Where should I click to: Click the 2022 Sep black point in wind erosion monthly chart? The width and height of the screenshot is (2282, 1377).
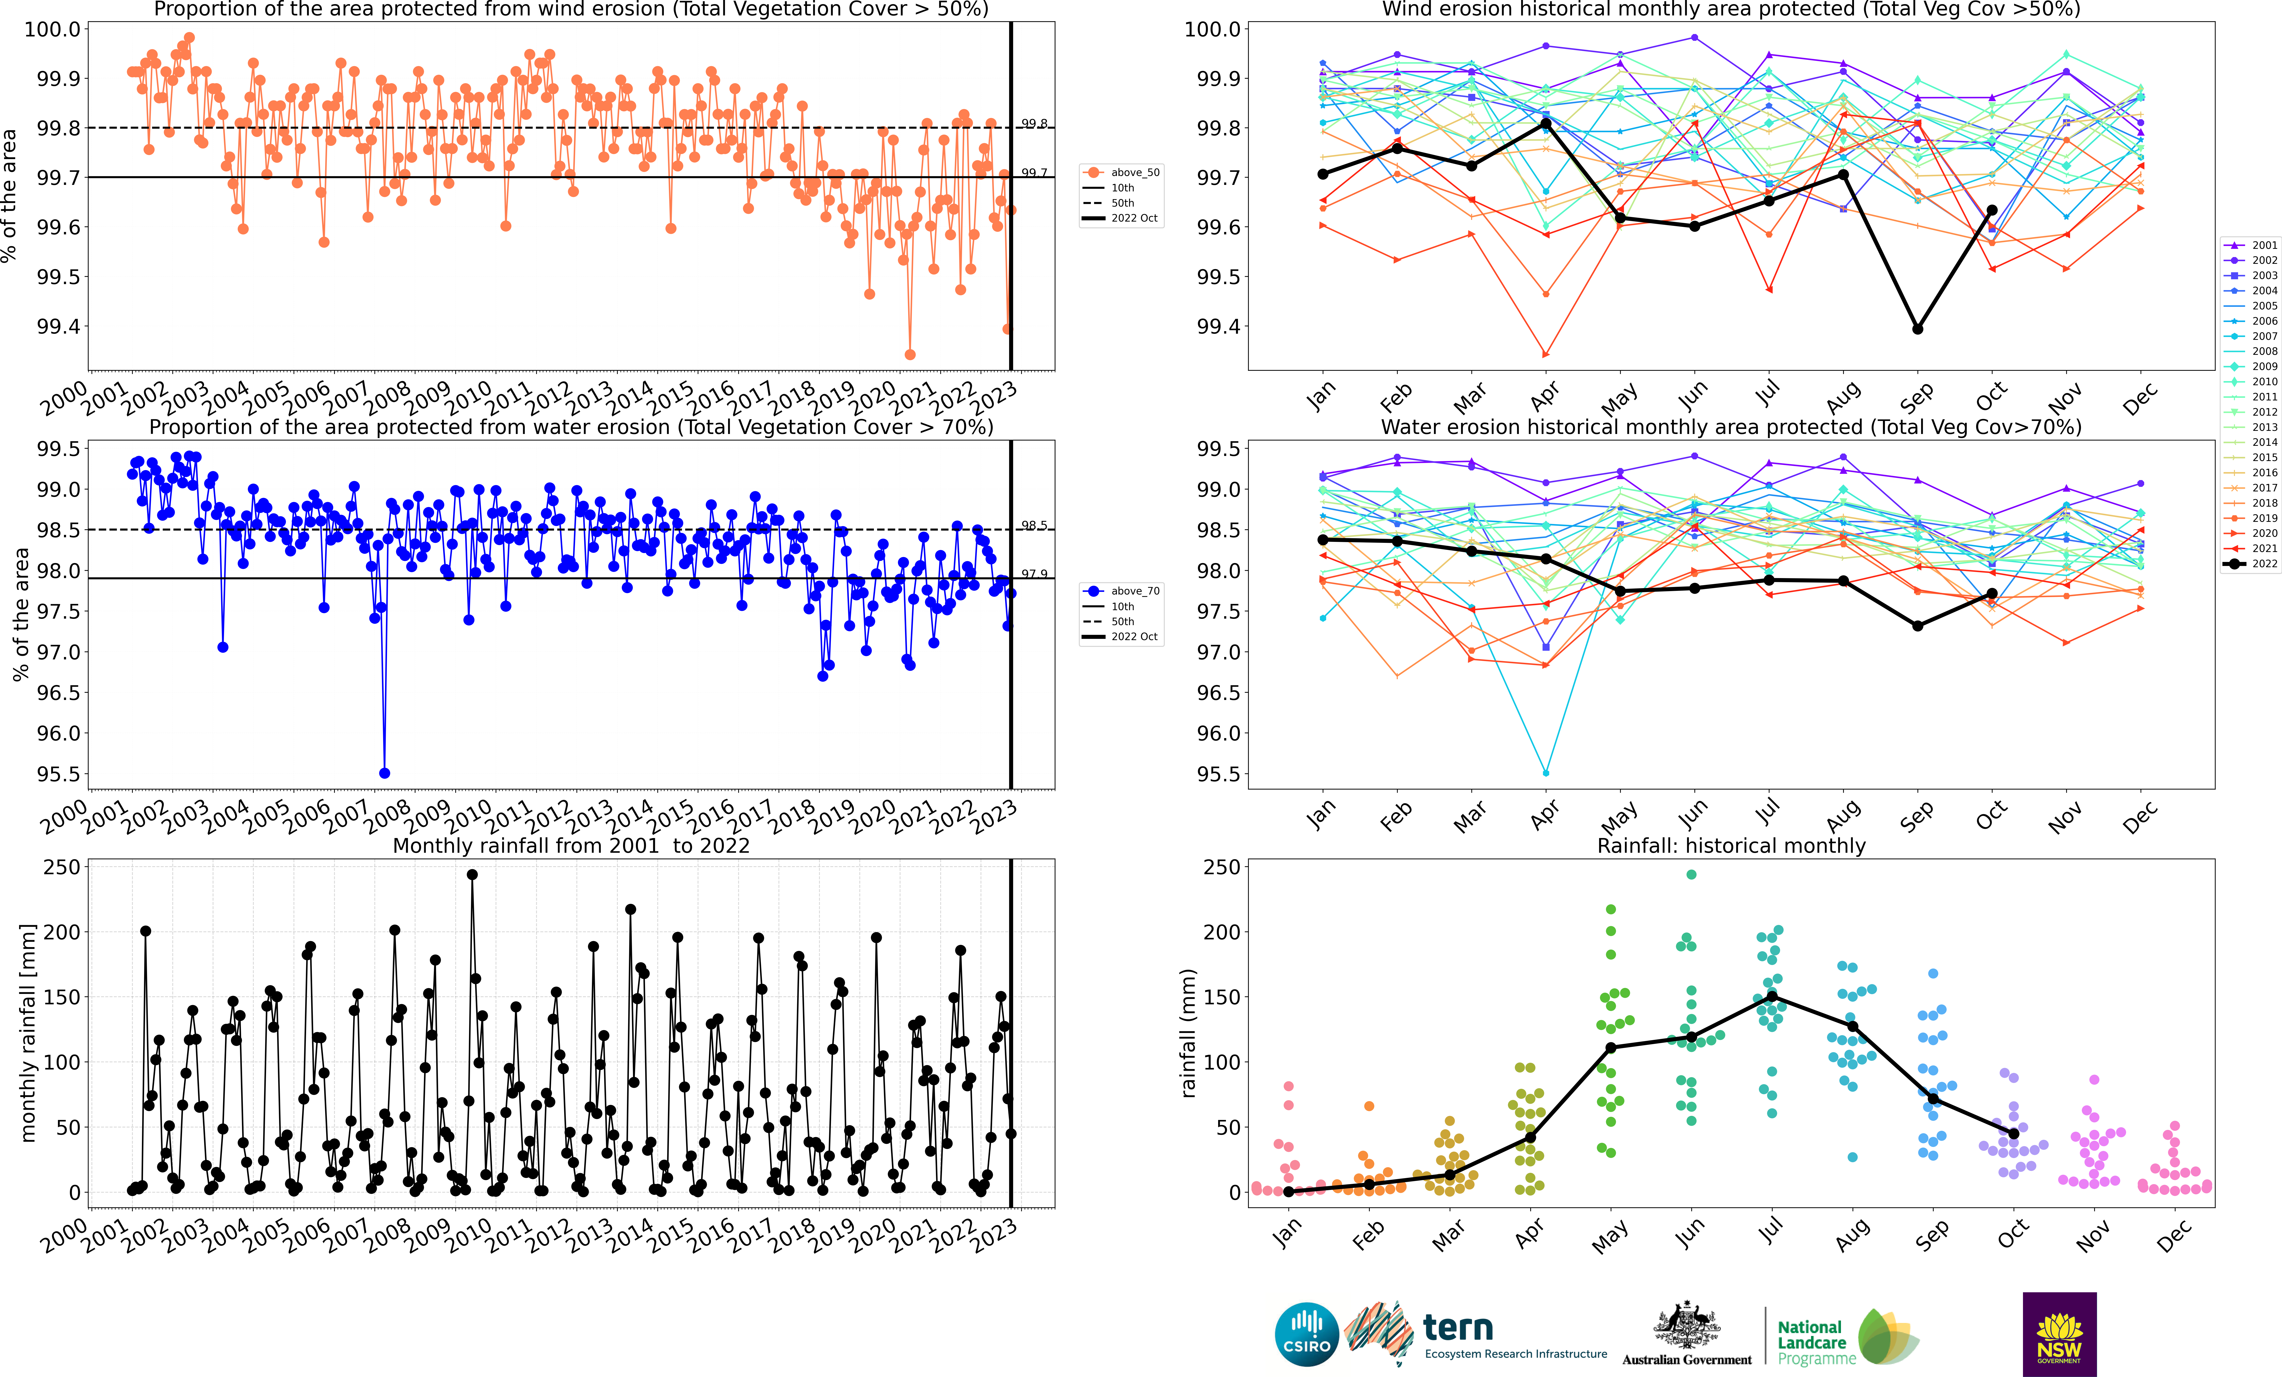(1917, 329)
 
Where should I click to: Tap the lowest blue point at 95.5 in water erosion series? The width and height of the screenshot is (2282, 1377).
(384, 773)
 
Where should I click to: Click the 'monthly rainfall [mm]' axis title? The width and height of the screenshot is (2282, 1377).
(28, 1033)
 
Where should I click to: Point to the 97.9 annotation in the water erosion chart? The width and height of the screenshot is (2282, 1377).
(1034, 574)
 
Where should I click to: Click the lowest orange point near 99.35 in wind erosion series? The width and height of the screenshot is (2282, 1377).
(909, 355)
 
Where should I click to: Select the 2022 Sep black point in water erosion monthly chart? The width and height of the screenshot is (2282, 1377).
(1917, 626)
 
